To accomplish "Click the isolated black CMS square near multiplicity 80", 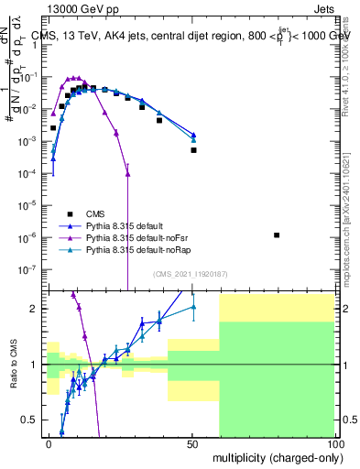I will (278, 235).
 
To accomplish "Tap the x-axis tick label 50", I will (192, 442).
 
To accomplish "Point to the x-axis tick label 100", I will (335, 442).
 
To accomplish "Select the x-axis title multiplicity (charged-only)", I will (276, 456).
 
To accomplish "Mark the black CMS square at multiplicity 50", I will (193, 150).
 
